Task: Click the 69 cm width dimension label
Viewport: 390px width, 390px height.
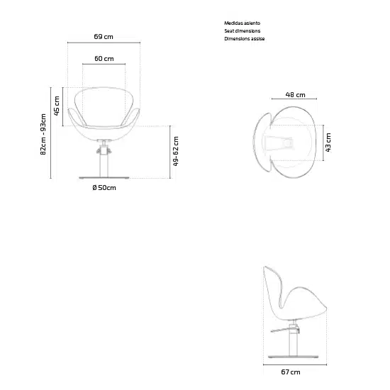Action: click(104, 37)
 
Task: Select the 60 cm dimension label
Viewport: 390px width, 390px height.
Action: click(104, 58)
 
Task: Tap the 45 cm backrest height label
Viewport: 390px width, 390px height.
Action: click(57, 106)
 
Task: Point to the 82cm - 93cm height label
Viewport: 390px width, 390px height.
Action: click(43, 134)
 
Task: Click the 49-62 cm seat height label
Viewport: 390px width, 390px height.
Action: click(176, 151)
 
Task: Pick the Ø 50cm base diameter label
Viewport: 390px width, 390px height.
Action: click(104, 187)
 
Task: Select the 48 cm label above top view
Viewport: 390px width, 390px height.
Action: click(295, 95)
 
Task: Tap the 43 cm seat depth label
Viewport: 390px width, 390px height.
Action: click(328, 143)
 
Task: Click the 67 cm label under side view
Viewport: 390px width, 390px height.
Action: click(291, 372)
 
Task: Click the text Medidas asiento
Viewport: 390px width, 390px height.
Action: click(243, 23)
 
